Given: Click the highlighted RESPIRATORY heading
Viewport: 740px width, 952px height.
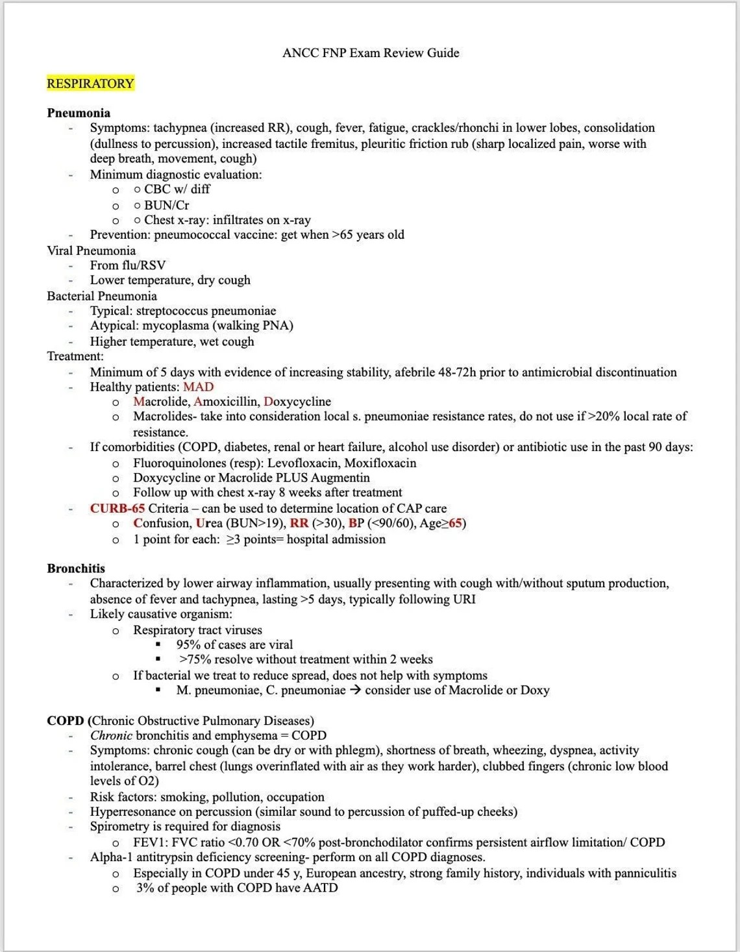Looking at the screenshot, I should click(x=90, y=84).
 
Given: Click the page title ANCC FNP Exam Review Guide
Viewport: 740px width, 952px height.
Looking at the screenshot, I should click(x=371, y=53).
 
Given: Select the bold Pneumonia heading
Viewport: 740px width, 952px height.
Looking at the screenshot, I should click(x=79, y=113).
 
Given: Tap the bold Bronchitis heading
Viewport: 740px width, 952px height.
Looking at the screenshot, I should click(x=76, y=568).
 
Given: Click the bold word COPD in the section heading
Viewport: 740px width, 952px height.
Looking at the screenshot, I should click(x=66, y=721).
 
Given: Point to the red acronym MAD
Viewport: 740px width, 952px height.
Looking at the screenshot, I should click(x=199, y=387).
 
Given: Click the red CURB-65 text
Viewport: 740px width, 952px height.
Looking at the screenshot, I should click(x=117, y=509).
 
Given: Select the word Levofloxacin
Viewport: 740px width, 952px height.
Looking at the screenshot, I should click(x=302, y=463).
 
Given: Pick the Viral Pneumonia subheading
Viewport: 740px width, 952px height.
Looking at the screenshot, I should click(x=92, y=251).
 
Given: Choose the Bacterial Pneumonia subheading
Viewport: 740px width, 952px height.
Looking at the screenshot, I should click(x=102, y=297).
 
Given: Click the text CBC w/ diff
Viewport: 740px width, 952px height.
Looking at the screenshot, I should click(x=177, y=189).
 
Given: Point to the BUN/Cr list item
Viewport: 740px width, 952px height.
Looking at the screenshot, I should click(x=167, y=205).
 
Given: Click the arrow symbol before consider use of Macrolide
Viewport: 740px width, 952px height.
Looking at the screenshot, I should click(x=355, y=690).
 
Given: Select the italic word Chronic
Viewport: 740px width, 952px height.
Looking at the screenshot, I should click(x=111, y=736).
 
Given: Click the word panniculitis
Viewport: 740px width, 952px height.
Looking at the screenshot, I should click(x=639, y=873).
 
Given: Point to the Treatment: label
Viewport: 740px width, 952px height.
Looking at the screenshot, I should click(x=75, y=356).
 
